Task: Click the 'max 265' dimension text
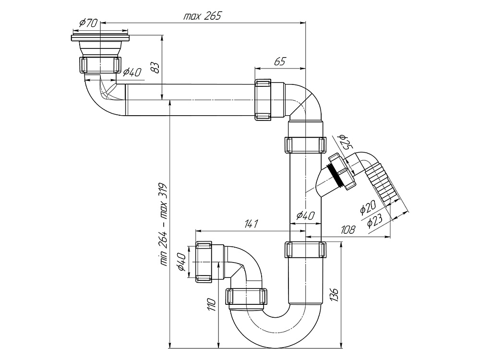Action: [x=202, y=16]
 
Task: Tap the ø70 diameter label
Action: [x=88, y=23]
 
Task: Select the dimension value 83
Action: [x=155, y=67]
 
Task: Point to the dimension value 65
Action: [x=280, y=61]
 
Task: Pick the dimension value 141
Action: [x=251, y=224]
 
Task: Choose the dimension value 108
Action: [x=348, y=230]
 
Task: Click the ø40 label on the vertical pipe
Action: [x=305, y=216]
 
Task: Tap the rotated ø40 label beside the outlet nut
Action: [x=182, y=262]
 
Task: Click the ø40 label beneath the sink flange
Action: [x=132, y=72]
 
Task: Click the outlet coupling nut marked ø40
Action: [x=210, y=262]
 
